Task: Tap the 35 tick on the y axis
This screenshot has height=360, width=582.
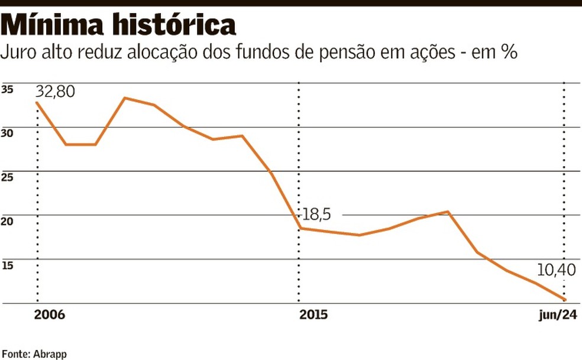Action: coord(8,90)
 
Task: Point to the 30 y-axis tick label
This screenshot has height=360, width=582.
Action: coord(8,134)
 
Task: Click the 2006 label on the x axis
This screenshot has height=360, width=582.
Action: coord(49,314)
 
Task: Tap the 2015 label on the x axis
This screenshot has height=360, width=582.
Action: coord(314,314)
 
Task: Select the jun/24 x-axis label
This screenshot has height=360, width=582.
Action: coord(558,314)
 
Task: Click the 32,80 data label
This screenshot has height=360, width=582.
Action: coord(56,92)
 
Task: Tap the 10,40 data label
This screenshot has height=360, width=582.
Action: coord(556,271)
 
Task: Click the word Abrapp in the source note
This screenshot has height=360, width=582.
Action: coord(51,353)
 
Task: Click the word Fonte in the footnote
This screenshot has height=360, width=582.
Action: coord(16,353)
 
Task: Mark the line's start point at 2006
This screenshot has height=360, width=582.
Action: coord(37,103)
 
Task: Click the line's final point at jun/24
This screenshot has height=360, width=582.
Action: coord(564,300)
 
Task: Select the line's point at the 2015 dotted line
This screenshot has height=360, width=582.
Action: coord(300,228)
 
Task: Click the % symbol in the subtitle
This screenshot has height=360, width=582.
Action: coord(509,53)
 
